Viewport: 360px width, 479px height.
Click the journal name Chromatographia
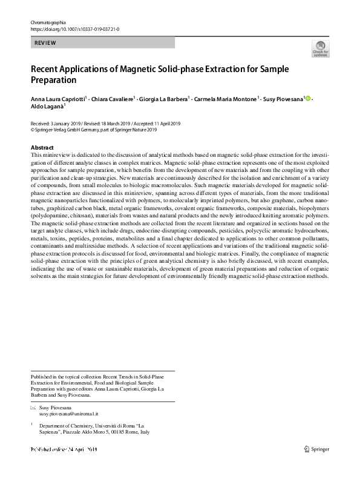(48, 22)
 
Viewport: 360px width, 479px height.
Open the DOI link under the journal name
(70, 28)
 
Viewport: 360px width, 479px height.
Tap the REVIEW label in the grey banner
(45, 43)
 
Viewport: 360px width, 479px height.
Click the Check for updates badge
(321, 49)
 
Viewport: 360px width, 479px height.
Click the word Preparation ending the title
(54, 79)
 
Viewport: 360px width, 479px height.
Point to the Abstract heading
(42, 148)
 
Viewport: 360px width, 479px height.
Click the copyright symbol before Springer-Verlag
(33, 129)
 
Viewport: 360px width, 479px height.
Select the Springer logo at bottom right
(317, 449)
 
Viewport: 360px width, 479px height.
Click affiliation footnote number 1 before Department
(31, 425)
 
